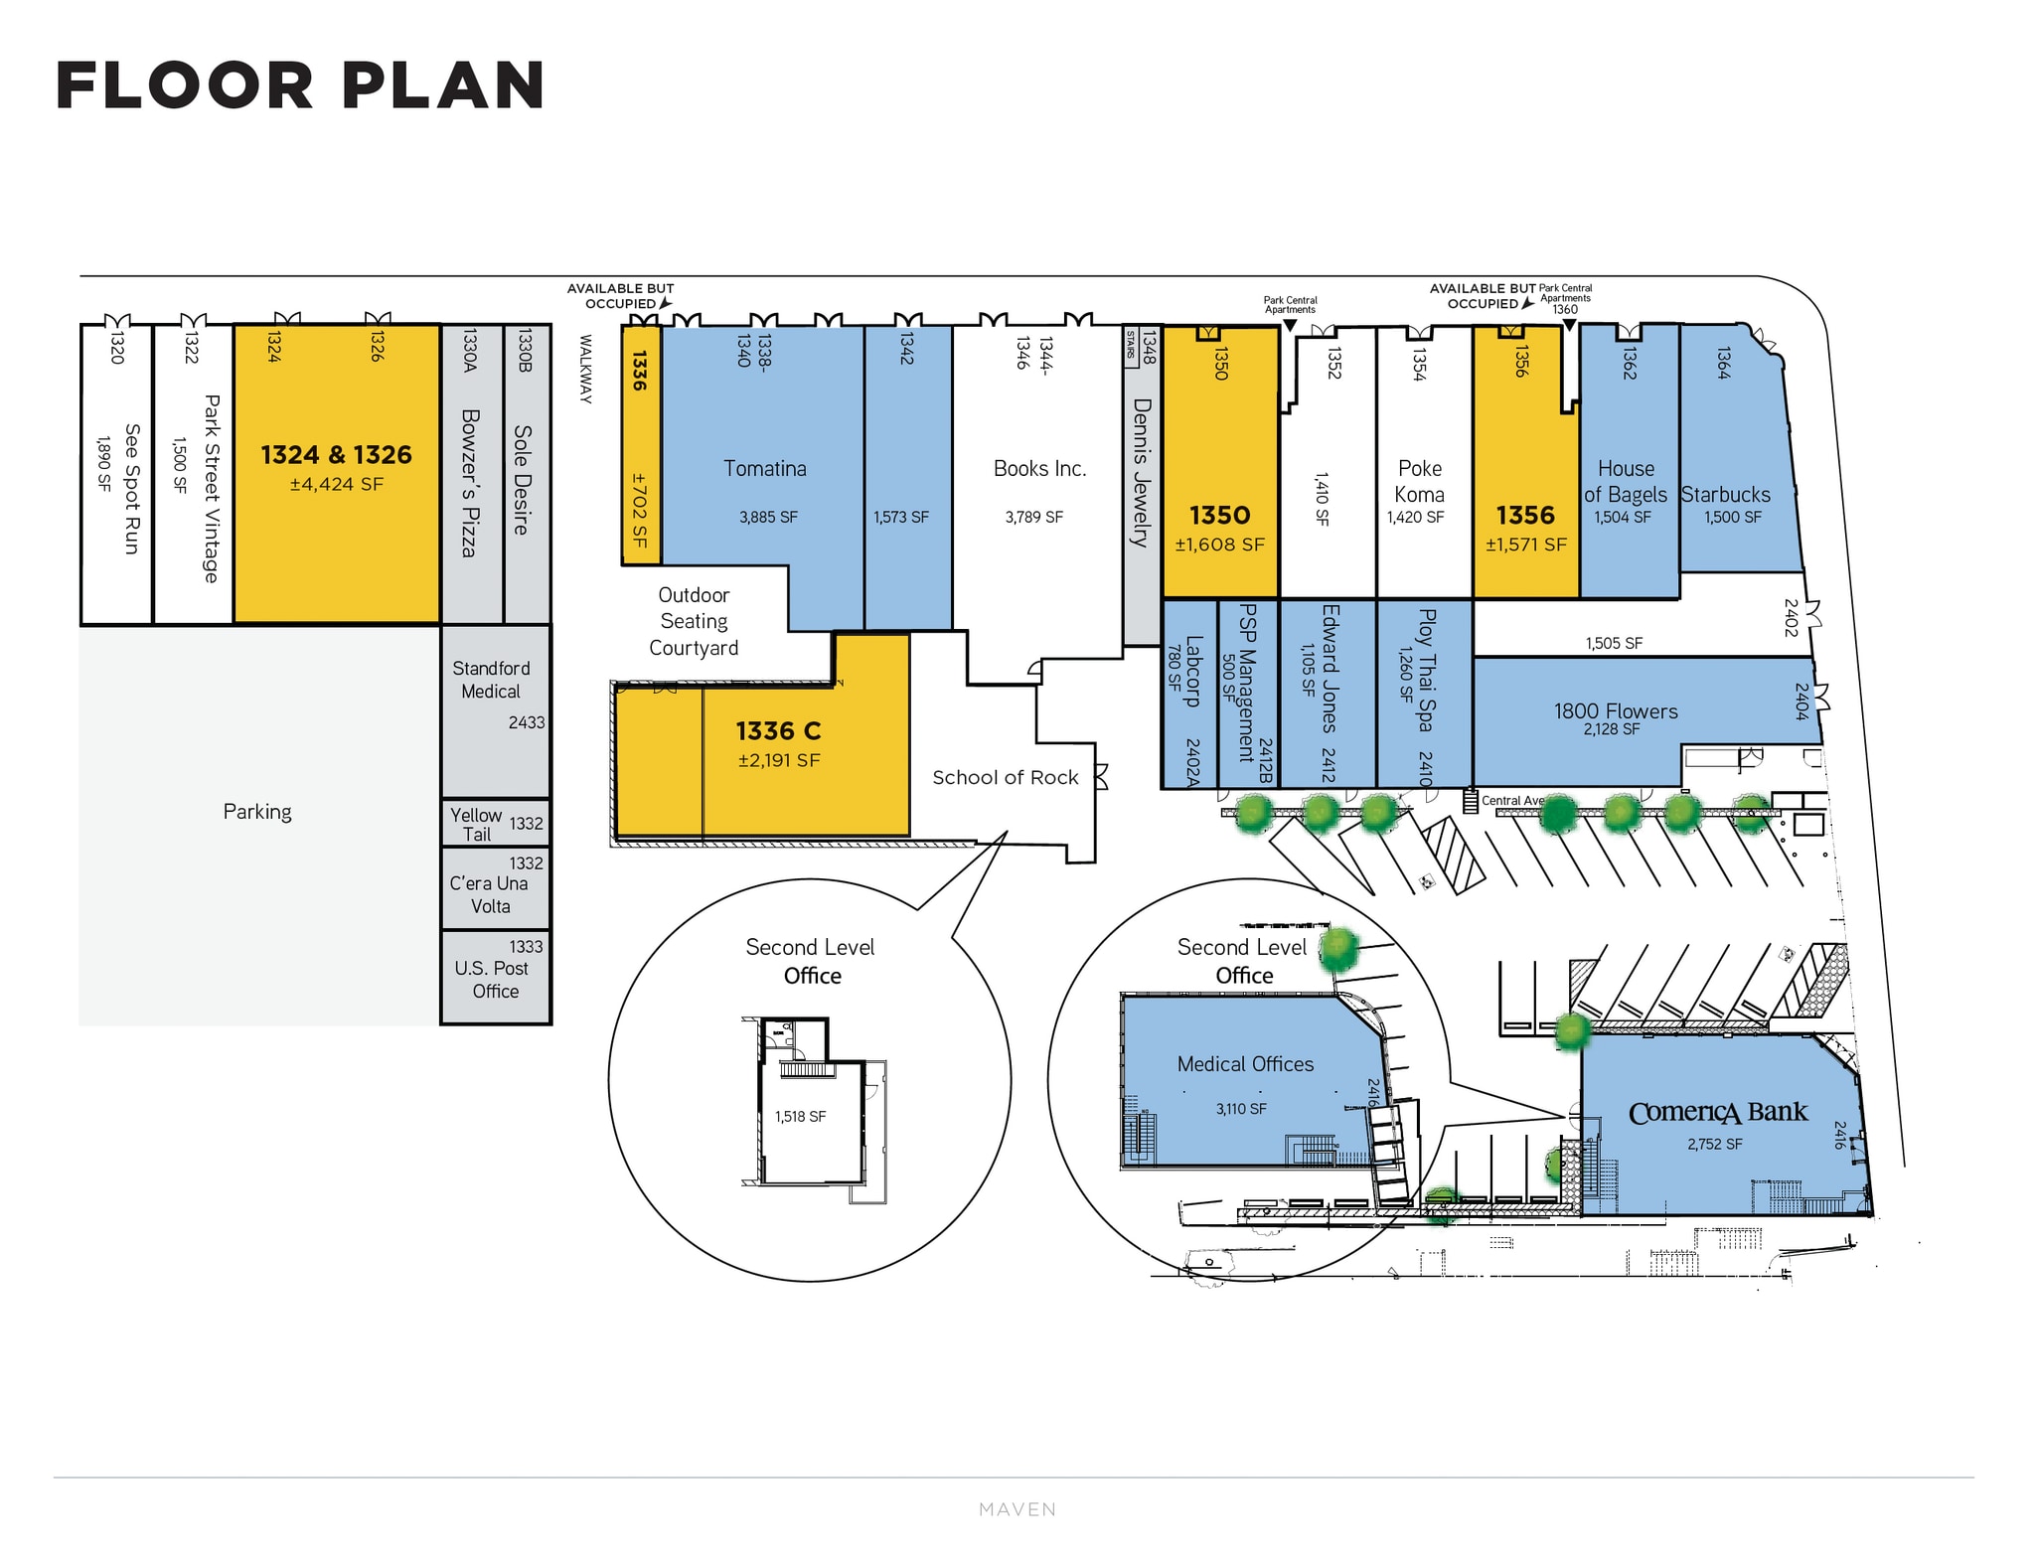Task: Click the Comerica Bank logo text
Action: point(1718,1113)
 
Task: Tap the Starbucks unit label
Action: point(1725,494)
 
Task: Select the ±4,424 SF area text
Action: point(337,485)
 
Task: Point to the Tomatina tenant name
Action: point(765,468)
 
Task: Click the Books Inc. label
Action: point(1039,468)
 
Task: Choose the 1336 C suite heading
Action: point(778,731)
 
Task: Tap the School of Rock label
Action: point(1006,777)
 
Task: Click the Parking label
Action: point(257,812)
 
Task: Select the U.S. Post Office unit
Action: point(496,978)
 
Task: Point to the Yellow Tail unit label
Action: point(476,825)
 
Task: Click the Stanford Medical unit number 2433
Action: point(527,722)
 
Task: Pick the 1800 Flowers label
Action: point(1616,710)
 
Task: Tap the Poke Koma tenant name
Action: point(1419,481)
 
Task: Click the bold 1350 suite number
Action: point(1219,516)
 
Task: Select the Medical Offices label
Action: point(1245,1064)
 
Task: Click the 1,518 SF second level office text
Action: point(801,1117)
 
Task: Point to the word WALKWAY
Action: point(586,369)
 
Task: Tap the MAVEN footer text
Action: point(1017,1509)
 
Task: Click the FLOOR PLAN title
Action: point(300,85)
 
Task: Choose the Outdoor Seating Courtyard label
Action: point(694,621)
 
